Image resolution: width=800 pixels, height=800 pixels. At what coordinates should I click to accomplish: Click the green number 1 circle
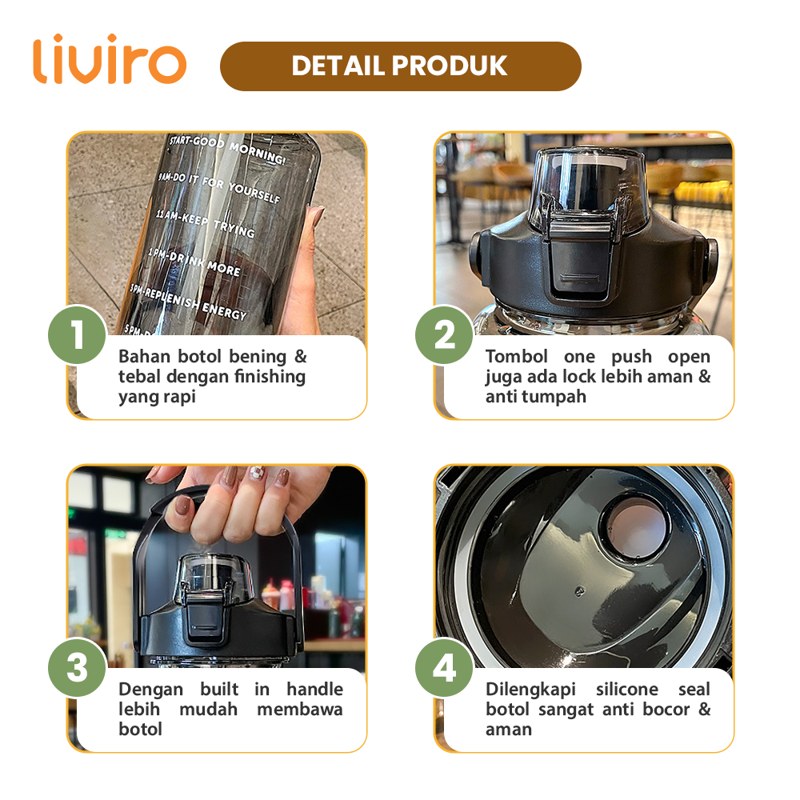pyautogui.click(x=78, y=334)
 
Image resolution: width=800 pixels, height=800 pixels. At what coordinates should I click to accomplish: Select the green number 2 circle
pyautogui.click(x=444, y=334)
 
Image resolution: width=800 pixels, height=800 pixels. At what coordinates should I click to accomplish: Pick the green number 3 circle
pyautogui.click(x=78, y=667)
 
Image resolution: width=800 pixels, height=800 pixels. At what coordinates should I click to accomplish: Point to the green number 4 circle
pyautogui.click(x=444, y=667)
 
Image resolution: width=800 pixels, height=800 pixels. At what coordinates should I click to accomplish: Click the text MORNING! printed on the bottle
pyautogui.click(x=257, y=153)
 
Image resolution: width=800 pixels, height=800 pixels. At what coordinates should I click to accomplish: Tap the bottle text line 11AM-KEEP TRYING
pyautogui.click(x=205, y=223)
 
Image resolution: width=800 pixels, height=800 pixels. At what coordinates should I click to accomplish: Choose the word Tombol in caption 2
pyautogui.click(x=516, y=356)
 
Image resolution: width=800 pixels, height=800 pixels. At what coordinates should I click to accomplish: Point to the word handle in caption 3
pyautogui.click(x=314, y=689)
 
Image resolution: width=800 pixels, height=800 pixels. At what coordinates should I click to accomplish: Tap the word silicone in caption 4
pyautogui.click(x=627, y=689)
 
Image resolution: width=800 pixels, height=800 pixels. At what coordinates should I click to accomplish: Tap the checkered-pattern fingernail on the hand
pyautogui.click(x=257, y=474)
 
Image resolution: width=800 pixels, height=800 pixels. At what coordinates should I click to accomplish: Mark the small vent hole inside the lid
pyautogui.click(x=579, y=592)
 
